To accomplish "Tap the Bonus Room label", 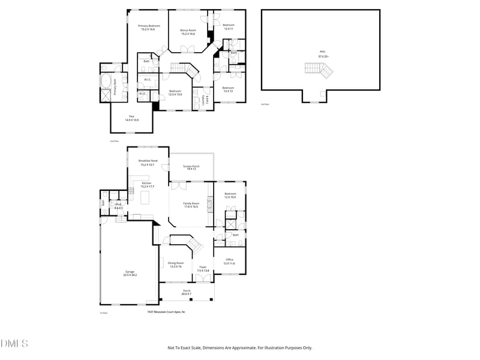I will [x=188, y=32].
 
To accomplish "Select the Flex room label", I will [x=131, y=118].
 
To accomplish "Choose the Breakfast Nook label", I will [x=148, y=163].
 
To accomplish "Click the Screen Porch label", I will [x=191, y=167].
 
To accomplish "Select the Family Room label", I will [x=191, y=205].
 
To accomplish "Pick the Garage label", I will [x=130, y=273].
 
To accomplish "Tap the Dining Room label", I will [x=176, y=265].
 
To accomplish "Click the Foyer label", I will [x=203, y=269].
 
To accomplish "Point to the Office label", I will [x=229, y=261].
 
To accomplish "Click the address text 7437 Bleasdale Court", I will [x=166, y=312].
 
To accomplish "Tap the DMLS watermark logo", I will [x=14, y=344].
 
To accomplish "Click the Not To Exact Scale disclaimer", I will [x=239, y=347].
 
